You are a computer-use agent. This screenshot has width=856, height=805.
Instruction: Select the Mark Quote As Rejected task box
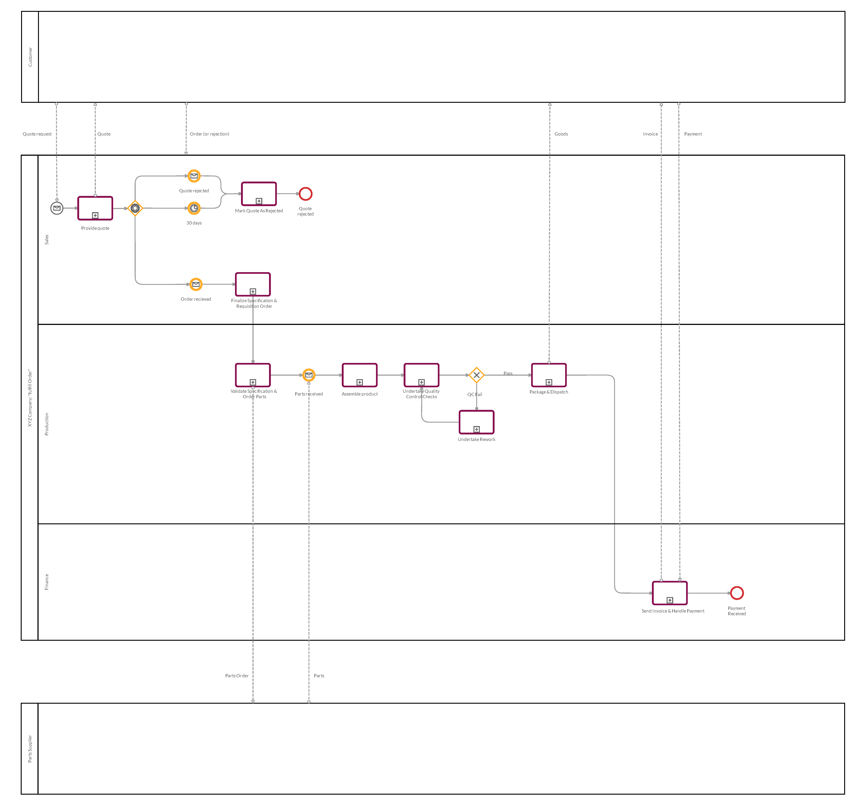[259, 194]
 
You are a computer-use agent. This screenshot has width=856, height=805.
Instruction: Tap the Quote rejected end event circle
[306, 194]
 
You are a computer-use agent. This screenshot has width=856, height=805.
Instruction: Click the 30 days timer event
[194, 208]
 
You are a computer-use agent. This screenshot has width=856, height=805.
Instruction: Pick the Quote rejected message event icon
[194, 176]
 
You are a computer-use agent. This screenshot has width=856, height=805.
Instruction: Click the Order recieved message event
[196, 284]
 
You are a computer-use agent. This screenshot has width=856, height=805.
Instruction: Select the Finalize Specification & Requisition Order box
[253, 284]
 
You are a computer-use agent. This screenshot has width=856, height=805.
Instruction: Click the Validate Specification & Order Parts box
[253, 375]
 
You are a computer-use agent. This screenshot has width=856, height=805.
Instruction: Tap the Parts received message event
[309, 375]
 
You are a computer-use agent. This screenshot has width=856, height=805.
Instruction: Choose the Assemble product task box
[360, 375]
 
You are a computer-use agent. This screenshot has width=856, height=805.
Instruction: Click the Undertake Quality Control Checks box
[421, 375]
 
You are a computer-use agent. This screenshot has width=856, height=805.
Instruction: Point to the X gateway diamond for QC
[477, 375]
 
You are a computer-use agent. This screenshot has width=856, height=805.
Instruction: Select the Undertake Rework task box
[477, 422]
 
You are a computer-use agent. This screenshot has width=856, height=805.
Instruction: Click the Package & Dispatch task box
[549, 375]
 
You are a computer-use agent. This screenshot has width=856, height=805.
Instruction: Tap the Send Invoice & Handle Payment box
[670, 593]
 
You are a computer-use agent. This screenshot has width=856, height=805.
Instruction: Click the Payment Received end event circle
[737, 593]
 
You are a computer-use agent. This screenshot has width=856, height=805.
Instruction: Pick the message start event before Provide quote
[57, 208]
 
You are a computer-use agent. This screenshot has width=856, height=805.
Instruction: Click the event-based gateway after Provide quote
[135, 208]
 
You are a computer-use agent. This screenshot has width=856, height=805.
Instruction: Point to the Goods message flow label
[561, 134]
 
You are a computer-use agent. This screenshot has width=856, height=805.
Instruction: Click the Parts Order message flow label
[237, 676]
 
